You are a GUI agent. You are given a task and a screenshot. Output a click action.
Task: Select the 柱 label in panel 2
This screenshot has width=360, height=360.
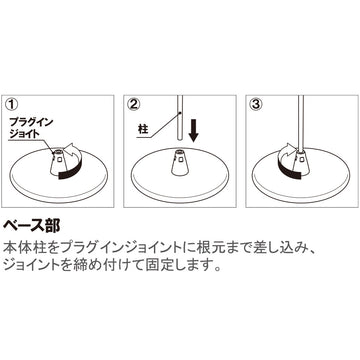(x=143, y=129)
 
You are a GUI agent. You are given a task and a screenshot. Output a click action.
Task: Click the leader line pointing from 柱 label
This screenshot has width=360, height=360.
(x=162, y=129)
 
